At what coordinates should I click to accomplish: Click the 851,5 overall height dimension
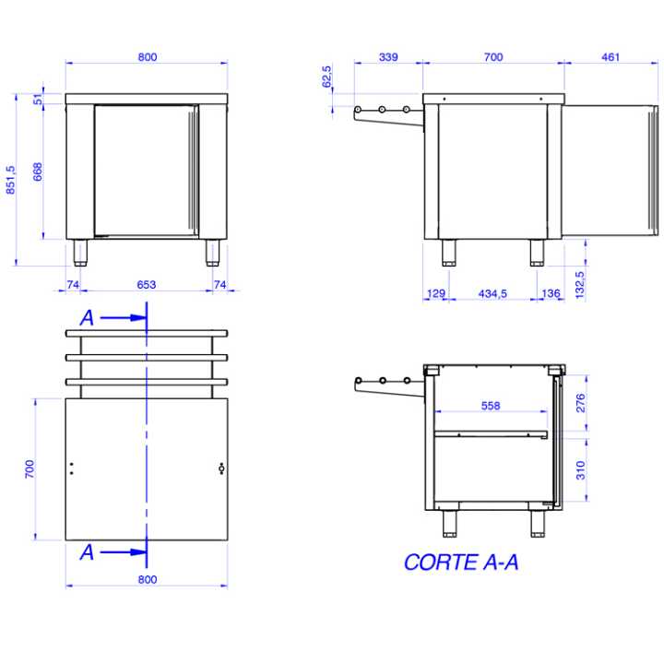tap(10, 180)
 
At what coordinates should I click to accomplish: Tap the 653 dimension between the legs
tap(147, 285)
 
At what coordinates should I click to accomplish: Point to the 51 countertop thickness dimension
tap(39, 100)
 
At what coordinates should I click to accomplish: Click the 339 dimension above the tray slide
tap(388, 57)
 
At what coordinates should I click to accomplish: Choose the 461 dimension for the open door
tap(611, 57)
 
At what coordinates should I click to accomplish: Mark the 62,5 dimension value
tap(326, 77)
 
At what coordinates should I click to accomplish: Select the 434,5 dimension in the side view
tap(492, 293)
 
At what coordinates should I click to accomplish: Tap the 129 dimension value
tap(436, 293)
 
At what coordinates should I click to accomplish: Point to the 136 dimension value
tap(551, 293)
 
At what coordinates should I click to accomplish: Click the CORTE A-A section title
tap(460, 562)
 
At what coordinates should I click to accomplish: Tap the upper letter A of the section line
tap(87, 317)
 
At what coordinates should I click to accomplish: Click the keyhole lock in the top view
tap(220, 468)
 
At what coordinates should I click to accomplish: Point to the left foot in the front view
tap(81, 252)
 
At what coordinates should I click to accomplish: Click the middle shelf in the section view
tap(491, 433)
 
